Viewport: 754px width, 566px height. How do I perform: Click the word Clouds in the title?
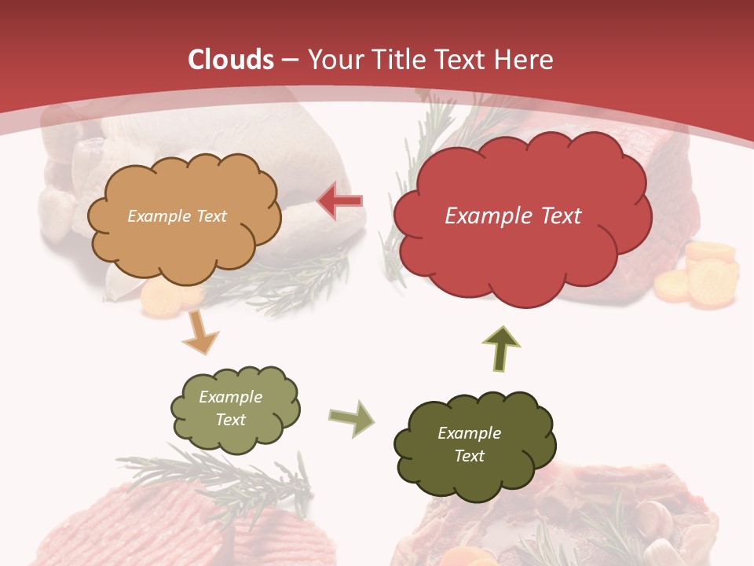[x=231, y=60]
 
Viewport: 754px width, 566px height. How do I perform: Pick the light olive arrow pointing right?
[x=351, y=417]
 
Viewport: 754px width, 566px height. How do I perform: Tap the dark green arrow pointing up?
[x=502, y=349]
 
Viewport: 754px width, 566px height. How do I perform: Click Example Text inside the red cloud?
[x=513, y=216]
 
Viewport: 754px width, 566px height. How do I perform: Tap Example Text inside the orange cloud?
[x=177, y=216]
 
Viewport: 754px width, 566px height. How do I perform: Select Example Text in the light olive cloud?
[x=230, y=408]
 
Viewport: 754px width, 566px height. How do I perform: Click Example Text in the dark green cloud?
[x=469, y=444]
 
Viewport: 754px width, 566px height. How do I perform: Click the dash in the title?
[x=289, y=61]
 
